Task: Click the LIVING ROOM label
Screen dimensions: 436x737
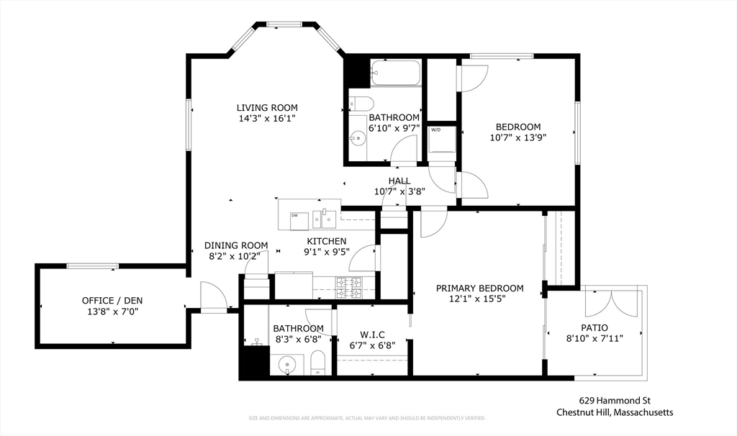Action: pyautogui.click(x=267, y=108)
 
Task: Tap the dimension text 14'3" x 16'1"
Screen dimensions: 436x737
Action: pyautogui.click(x=267, y=118)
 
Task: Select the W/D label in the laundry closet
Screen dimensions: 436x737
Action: pyautogui.click(x=435, y=130)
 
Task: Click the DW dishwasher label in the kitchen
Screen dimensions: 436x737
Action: pyautogui.click(x=294, y=215)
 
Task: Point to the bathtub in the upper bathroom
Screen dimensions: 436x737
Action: pyautogui.click(x=395, y=73)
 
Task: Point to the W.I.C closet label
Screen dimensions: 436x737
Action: pyautogui.click(x=372, y=334)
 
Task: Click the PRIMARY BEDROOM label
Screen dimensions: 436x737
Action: pyautogui.click(x=479, y=289)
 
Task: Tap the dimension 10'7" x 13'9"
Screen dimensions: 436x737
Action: pyautogui.click(x=518, y=138)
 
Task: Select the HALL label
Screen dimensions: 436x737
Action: pyautogui.click(x=399, y=181)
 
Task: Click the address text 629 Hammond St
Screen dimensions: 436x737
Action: pyautogui.click(x=615, y=401)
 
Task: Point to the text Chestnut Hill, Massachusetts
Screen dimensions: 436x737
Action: pyautogui.click(x=615, y=412)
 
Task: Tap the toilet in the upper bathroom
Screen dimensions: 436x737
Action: pyautogui.click(x=360, y=104)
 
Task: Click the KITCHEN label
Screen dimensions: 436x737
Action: pyautogui.click(x=327, y=241)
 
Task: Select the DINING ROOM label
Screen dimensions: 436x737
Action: pyautogui.click(x=236, y=245)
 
